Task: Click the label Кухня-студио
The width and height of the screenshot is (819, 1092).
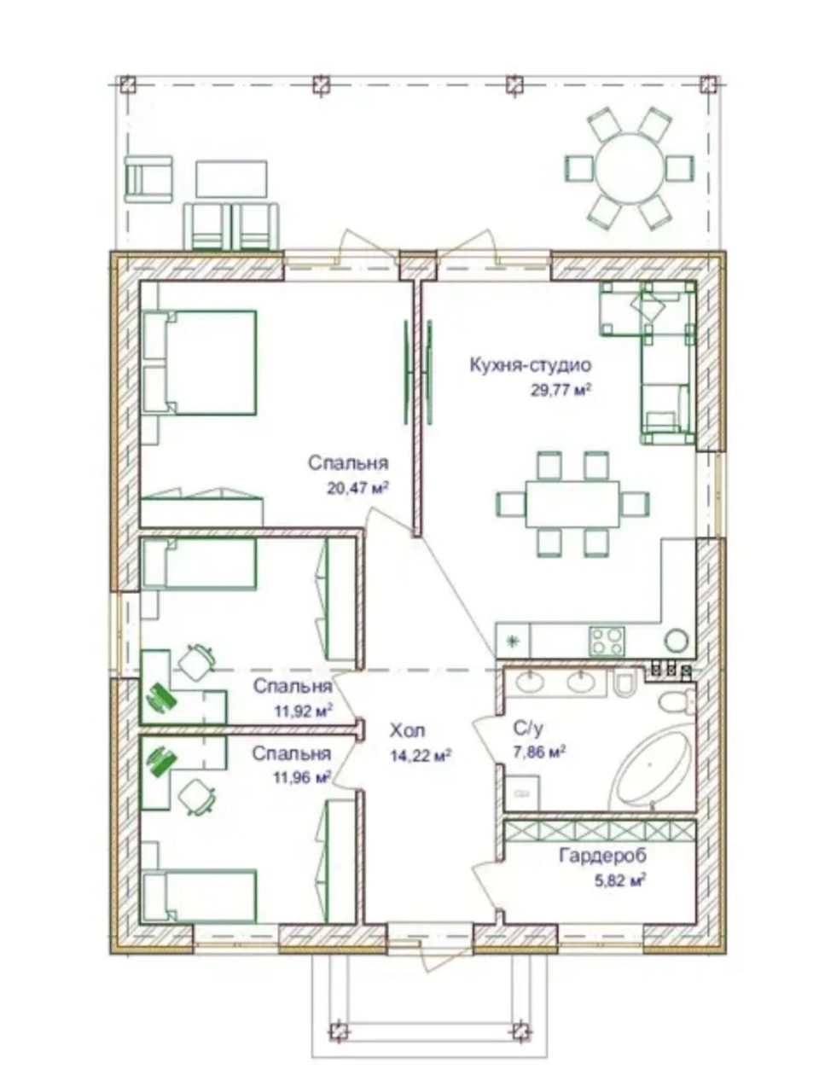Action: [x=531, y=364]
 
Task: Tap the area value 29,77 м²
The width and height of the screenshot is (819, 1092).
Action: [x=561, y=390]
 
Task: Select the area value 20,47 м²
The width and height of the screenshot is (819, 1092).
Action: [x=357, y=487]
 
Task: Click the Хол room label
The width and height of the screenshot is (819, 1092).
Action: [x=407, y=730]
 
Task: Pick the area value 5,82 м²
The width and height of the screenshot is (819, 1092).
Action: [x=620, y=881]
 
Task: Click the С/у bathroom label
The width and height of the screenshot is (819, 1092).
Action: [x=527, y=729]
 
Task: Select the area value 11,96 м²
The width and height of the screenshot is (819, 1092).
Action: [x=302, y=777]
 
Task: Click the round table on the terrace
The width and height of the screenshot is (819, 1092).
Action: [x=630, y=168]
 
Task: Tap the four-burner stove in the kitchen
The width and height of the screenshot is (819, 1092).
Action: [x=607, y=642]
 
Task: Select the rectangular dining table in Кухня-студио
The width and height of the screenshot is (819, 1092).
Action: [x=572, y=504]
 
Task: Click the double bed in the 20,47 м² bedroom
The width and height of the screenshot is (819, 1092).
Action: [x=200, y=363]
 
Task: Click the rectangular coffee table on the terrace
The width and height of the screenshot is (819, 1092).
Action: [x=231, y=178]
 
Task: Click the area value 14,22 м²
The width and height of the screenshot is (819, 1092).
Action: [x=421, y=755]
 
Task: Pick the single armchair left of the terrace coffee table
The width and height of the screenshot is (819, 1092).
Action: [x=148, y=179]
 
